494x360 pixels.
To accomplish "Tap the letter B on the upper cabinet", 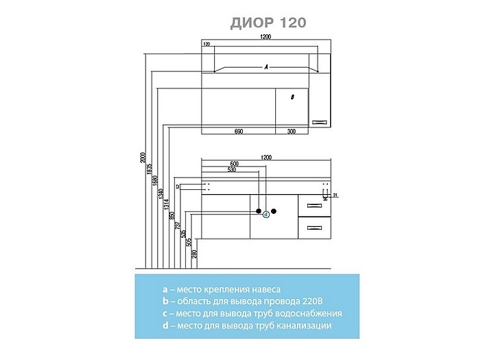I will pos(292,97).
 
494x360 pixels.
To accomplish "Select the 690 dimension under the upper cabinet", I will pos(239,131).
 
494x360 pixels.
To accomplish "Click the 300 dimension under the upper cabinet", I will pos(291,131).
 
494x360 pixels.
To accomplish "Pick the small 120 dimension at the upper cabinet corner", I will pos(207,45).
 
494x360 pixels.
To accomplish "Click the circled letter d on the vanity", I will pos(266,214).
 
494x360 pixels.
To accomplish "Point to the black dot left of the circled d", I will pos(259,211).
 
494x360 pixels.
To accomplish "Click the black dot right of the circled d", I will pos(274,211).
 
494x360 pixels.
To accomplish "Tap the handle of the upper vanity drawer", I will pos(314,205).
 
